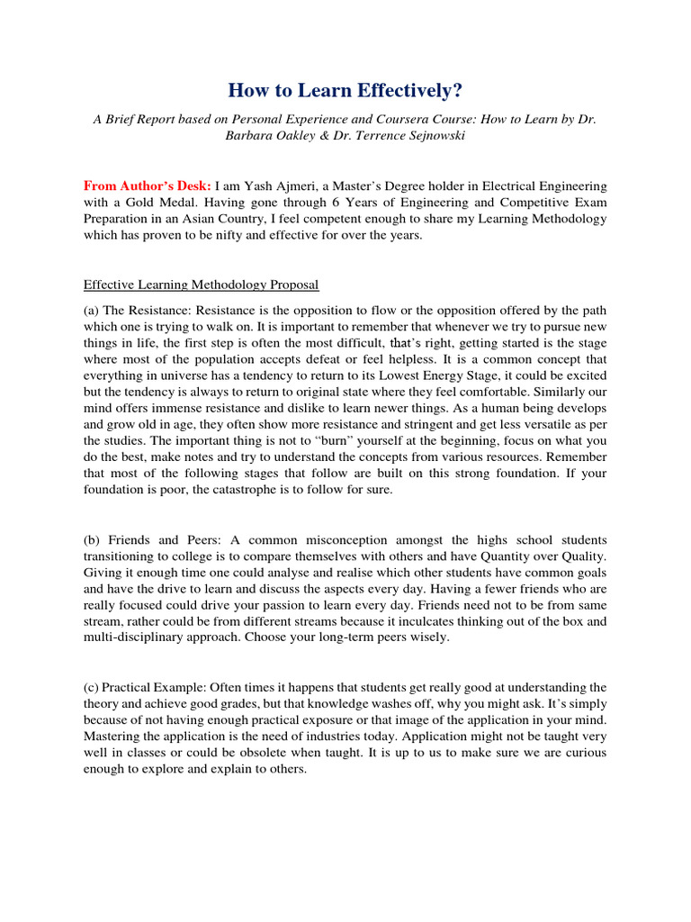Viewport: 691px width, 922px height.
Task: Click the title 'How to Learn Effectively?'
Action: [345, 90]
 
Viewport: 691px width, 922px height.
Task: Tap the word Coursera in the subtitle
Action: [408, 119]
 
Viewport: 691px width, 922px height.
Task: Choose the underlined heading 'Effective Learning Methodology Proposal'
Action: [201, 285]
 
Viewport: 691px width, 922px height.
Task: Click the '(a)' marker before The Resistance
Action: [92, 309]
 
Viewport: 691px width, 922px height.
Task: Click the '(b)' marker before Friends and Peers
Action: [92, 540]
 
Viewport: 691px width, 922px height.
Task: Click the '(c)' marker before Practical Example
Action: [92, 687]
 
